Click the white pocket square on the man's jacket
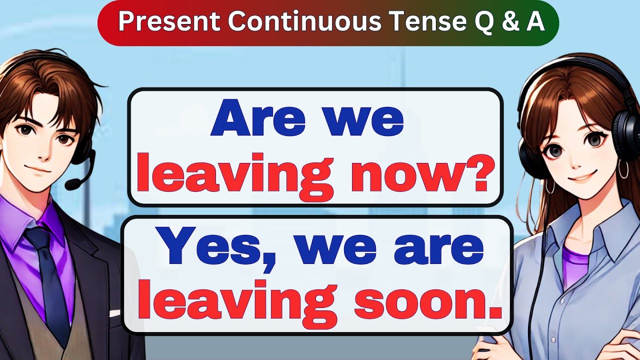coord(114,313)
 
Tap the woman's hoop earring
coord(623,169)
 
